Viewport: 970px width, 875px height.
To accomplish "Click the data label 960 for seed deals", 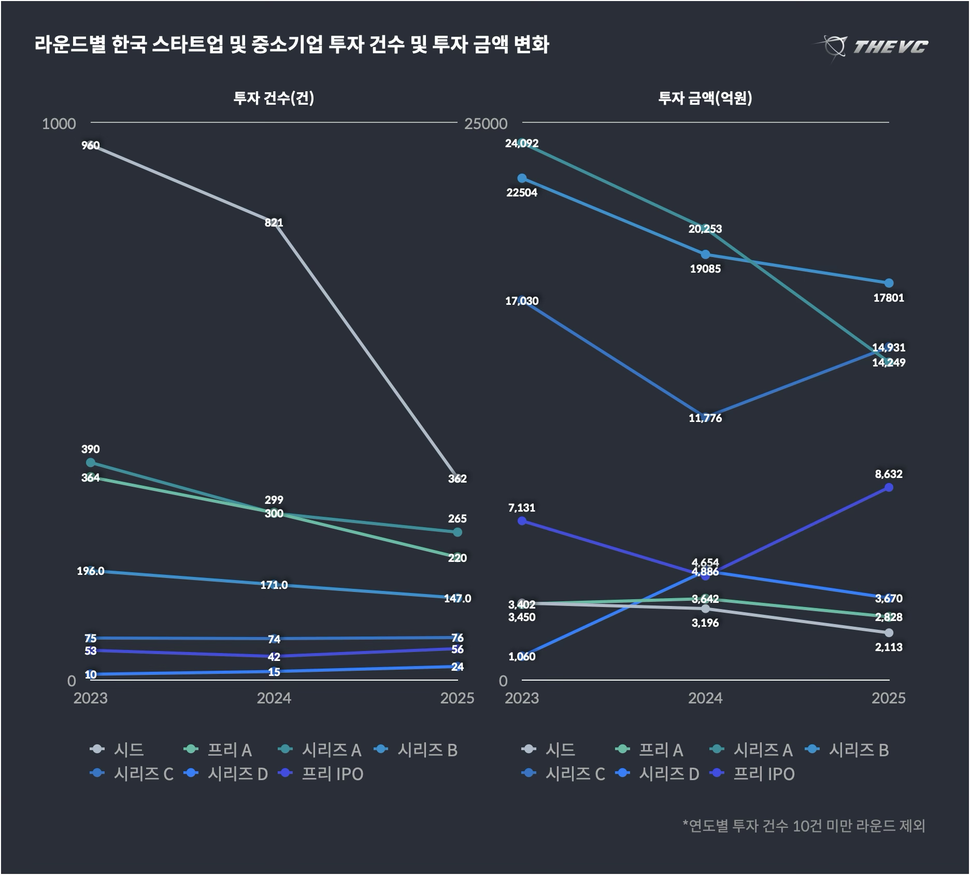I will pos(91,146).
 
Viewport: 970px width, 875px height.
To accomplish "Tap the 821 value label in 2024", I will pos(274,223).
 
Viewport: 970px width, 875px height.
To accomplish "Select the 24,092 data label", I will pos(522,144).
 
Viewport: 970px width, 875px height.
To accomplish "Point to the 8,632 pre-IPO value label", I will pos(889,474).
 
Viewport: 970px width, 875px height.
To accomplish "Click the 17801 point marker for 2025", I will pos(889,283).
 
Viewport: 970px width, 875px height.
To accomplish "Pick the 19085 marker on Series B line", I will pos(705,255).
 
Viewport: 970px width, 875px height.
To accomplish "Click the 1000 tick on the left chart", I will pos(59,124).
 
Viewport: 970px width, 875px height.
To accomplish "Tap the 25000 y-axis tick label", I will pos(486,124).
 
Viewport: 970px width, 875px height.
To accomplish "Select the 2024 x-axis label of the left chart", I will pos(274,698).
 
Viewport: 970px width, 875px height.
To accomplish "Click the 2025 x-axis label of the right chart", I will pos(888,698).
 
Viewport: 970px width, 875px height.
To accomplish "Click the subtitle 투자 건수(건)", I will pos(274,98).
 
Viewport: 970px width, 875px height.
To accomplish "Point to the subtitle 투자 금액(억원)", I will pos(705,98).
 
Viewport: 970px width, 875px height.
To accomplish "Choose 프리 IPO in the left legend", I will pos(332,774).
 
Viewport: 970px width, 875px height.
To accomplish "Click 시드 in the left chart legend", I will pos(129,750).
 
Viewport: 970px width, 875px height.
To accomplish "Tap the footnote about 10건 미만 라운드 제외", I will pos(804,825).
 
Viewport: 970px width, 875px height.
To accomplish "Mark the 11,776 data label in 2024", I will pos(705,418).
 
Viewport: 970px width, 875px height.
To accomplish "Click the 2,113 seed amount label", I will pos(889,647).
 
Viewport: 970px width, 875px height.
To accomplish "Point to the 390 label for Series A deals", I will pos(91,449).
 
